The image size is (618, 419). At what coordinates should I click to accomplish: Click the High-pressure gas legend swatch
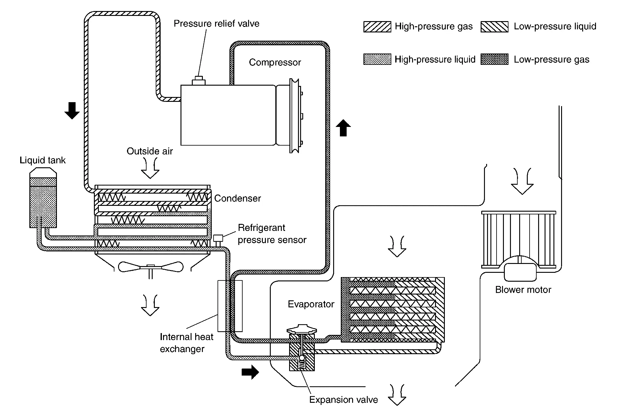point(377,27)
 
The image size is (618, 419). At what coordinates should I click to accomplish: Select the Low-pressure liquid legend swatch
point(494,27)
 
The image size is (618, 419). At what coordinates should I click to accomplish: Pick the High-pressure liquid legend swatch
point(377,59)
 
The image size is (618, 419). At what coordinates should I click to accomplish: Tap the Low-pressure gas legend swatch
point(494,59)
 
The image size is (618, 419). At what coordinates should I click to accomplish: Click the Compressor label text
point(275,62)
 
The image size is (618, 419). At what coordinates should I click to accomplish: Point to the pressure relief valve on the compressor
point(199,81)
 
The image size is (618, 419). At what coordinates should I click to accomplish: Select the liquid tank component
point(43,202)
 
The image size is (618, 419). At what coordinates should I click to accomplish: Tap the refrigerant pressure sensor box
point(218,238)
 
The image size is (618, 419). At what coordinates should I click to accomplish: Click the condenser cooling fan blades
point(150,267)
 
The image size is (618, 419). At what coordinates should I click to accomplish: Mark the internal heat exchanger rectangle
point(230,306)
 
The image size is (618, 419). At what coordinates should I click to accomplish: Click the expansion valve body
point(302,355)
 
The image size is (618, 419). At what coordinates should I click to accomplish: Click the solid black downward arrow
point(72,111)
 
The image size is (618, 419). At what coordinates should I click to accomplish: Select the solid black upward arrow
point(343,128)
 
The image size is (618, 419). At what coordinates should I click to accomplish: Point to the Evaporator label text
point(311,304)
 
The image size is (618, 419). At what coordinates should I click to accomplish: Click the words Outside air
point(150,151)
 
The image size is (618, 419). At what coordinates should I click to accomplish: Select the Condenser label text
point(237,198)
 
